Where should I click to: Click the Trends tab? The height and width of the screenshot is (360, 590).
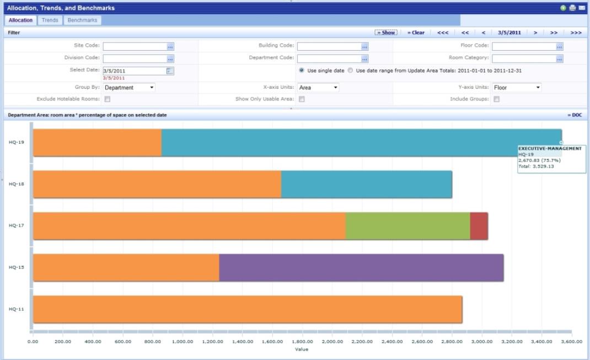[50, 20]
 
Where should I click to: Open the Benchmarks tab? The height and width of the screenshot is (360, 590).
[82, 20]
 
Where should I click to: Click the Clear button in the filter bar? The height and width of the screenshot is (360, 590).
[416, 33]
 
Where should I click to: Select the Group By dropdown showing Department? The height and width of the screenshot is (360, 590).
[129, 88]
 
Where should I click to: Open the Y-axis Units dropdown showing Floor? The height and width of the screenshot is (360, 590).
[517, 88]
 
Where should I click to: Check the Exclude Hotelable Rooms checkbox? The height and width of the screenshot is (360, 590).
[108, 99]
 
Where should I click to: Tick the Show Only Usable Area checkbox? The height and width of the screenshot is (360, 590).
[302, 99]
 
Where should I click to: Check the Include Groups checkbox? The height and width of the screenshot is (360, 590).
[496, 99]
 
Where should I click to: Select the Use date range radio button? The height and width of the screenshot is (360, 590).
[350, 71]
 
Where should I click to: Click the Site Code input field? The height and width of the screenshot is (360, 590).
[135, 47]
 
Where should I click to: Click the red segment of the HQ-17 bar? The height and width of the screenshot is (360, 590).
[479, 226]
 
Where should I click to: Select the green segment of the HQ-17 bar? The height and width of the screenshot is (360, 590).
[407, 226]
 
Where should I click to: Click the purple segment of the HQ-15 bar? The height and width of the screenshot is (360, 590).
[361, 267]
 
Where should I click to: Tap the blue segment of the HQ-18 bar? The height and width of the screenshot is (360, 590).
[366, 184]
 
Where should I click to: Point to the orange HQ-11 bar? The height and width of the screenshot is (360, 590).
[248, 309]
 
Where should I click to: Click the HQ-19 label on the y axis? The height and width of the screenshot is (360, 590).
[16, 142]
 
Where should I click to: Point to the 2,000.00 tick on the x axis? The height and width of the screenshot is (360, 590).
[332, 342]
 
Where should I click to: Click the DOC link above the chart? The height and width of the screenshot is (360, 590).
[575, 115]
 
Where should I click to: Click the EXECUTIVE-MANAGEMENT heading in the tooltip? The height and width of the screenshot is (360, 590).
[550, 148]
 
